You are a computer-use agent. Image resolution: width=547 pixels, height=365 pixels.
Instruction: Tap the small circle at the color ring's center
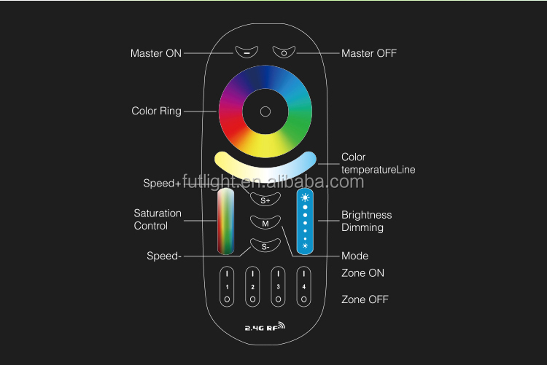coord(265,111)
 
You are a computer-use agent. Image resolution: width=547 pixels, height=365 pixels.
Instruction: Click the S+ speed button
coord(265,200)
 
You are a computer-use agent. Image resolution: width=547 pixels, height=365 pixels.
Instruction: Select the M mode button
coord(265,223)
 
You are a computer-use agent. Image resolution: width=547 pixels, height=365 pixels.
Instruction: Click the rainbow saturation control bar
coord(225,221)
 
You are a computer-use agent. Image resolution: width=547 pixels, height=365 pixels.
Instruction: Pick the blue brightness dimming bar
coord(305,221)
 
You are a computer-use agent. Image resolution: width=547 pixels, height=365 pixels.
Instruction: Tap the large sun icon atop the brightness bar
coord(305,197)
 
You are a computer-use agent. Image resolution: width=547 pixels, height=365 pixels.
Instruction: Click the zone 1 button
coord(227,286)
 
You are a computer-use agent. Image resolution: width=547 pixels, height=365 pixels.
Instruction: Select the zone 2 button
coord(252,286)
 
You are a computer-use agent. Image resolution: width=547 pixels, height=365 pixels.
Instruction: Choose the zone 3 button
coord(278,286)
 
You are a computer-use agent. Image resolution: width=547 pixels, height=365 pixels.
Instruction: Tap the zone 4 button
coord(304,286)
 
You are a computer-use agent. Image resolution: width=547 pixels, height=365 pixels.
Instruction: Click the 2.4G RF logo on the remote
coord(265,326)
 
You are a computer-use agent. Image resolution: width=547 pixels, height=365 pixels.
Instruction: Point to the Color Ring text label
coord(156,111)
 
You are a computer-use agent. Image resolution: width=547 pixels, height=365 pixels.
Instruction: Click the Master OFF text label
coord(369,53)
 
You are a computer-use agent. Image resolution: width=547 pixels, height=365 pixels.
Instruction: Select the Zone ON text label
coord(362,273)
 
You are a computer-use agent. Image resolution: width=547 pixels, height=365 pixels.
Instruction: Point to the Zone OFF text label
coord(365,299)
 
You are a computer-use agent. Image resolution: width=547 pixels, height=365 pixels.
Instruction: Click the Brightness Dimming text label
coord(367,221)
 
